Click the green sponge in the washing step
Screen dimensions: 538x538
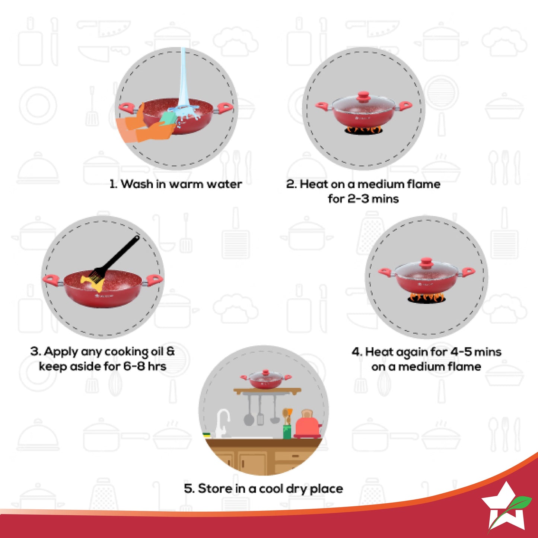(x=168, y=118)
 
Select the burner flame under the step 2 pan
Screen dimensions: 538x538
(x=363, y=130)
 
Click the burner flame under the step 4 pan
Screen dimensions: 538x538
(x=426, y=298)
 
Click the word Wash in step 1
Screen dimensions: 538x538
(x=137, y=184)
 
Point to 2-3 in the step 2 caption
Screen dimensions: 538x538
(x=359, y=199)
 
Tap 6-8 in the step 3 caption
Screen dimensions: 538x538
(x=134, y=366)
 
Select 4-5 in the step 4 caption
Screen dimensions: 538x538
(x=461, y=352)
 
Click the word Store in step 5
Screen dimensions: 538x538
(x=214, y=488)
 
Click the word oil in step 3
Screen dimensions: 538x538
(x=157, y=352)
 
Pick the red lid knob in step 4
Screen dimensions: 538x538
(x=426, y=264)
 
